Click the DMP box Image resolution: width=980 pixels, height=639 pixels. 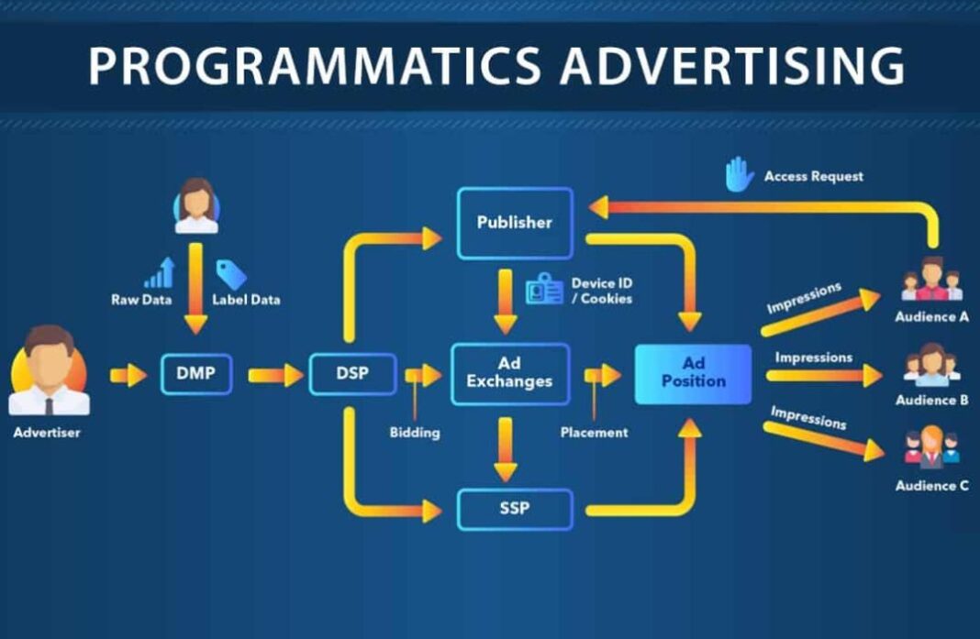point(195,374)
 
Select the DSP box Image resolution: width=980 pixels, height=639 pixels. point(352,374)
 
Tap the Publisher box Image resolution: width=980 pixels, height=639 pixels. point(515,222)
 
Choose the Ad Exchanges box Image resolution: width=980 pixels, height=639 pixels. point(509,373)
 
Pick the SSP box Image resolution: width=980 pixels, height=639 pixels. point(515,508)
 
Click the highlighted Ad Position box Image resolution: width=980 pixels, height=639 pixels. point(693,373)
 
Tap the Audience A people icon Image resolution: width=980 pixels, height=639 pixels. point(931,280)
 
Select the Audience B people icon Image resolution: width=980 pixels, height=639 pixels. point(931,364)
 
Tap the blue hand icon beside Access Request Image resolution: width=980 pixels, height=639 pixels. point(740,175)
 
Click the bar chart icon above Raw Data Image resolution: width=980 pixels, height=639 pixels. point(160,273)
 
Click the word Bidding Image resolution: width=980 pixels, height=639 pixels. point(415,432)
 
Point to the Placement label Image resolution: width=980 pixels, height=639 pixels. point(595,432)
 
